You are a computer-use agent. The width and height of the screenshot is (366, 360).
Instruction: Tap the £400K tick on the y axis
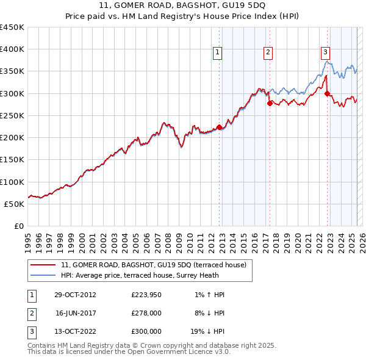(12, 49)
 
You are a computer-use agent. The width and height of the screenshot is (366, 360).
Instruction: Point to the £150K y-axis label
(12, 159)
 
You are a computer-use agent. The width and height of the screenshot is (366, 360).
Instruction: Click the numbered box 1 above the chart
(218, 53)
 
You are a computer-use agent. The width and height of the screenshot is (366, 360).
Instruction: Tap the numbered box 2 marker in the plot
(268, 53)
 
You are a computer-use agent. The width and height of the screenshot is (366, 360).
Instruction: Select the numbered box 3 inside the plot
(326, 53)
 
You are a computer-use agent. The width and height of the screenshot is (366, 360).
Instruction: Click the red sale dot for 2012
(220, 127)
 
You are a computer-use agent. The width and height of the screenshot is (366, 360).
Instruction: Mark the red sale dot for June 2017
(269, 103)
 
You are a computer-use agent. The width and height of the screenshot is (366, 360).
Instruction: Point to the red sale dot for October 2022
(327, 93)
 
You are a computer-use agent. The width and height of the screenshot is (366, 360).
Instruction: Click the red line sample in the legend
(43, 265)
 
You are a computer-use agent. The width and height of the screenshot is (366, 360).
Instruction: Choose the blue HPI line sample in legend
(43, 275)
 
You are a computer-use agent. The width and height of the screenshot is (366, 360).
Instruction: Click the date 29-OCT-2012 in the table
(75, 295)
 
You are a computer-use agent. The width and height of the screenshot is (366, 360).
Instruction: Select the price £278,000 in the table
(146, 313)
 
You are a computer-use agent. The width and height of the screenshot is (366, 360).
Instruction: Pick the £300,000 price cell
(146, 331)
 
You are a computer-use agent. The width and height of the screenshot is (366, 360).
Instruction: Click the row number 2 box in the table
(31, 313)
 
